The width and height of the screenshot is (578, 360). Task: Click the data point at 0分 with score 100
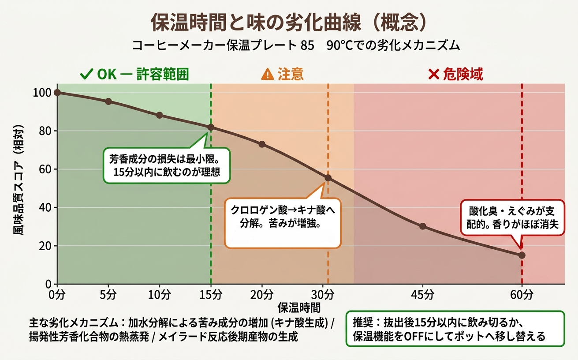coord(57,92)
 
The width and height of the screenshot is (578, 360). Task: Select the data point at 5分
coord(108,101)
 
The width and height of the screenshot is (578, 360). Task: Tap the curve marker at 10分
coord(160,115)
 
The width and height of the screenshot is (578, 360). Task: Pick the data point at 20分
coord(262,144)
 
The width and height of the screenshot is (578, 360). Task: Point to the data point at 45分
coord(423,226)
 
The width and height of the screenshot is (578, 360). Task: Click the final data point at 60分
coord(522,255)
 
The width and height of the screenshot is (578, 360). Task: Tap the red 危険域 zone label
coord(455,75)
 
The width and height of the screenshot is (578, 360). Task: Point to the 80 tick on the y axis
coord(45,131)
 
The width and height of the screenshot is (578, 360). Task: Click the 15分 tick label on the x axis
coord(211,294)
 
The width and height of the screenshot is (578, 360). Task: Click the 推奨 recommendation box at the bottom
coord(455,329)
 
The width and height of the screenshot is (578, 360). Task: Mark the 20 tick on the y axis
coord(45,246)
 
